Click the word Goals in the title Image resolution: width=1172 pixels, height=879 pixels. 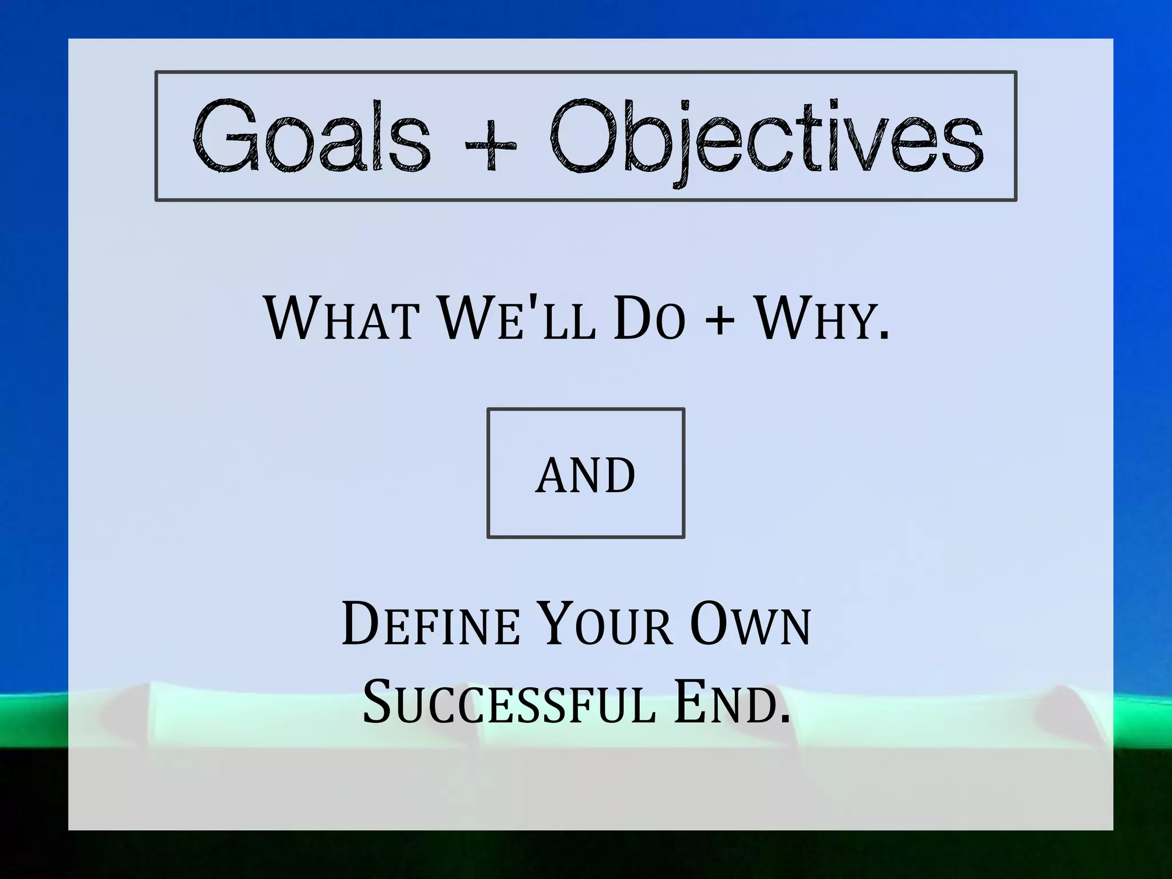coord(312,136)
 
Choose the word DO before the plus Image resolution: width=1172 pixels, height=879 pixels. coord(649,318)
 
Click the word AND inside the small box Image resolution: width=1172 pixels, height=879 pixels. coord(585,474)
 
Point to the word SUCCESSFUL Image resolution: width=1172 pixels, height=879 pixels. coord(509,702)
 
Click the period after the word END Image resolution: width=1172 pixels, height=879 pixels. coord(784,720)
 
